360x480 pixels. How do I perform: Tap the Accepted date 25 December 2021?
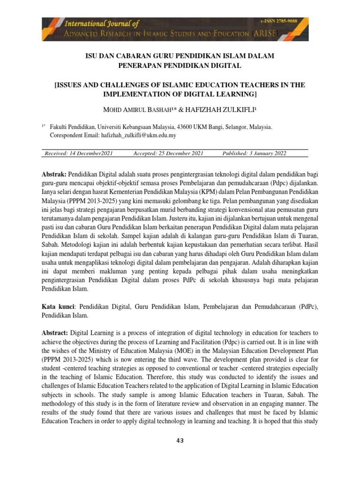click(168, 153)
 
